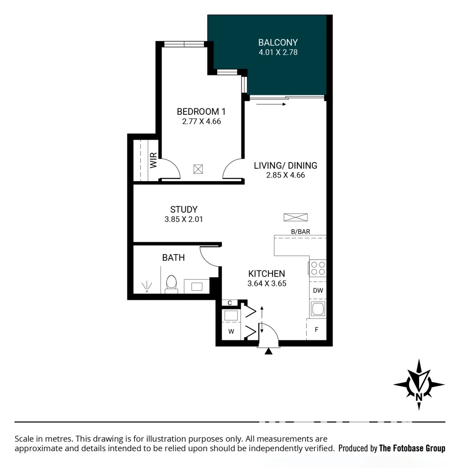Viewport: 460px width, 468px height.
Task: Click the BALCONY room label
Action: pyautogui.click(x=278, y=42)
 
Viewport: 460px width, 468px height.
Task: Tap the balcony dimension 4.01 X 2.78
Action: pyautogui.click(x=278, y=52)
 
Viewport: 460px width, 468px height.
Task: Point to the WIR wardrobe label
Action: pyautogui.click(x=153, y=161)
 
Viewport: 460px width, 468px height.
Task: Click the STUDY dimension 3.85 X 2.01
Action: pyautogui.click(x=184, y=219)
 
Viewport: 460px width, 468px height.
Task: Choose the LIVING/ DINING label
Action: pyautogui.click(x=285, y=166)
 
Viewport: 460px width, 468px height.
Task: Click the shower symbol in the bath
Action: pyautogui.click(x=147, y=287)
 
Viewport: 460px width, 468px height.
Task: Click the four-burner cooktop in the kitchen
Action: pyautogui.click(x=318, y=268)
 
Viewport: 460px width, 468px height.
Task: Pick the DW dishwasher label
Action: pyautogui.click(x=318, y=290)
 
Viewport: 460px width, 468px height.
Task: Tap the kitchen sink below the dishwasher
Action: pyautogui.click(x=318, y=309)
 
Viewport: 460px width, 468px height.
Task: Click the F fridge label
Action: pyautogui.click(x=316, y=330)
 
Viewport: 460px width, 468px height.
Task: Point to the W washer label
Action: pyautogui.click(x=231, y=332)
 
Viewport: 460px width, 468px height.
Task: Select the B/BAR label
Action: pyautogui.click(x=300, y=232)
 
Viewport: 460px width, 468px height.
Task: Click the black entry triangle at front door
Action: pyautogui.click(x=269, y=351)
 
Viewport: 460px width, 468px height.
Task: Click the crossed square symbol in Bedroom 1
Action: pyautogui.click(x=198, y=169)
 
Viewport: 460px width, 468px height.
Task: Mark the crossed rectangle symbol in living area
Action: pyautogui.click(x=296, y=217)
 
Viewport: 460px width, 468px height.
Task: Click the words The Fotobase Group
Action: pyautogui.click(x=412, y=448)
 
